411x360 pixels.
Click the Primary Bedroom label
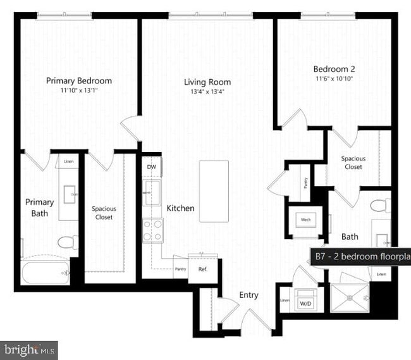(79, 81)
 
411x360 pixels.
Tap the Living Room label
(207, 82)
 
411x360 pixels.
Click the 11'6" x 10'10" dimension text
(334, 79)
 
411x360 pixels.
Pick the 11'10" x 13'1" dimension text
(79, 90)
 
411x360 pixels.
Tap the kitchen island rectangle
(214, 191)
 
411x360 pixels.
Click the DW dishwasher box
(152, 167)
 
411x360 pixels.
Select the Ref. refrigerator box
(203, 268)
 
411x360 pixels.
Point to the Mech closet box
(306, 220)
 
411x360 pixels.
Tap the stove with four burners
(152, 230)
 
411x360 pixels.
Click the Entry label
(248, 295)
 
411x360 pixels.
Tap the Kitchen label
(180, 208)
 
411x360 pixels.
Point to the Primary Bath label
(40, 208)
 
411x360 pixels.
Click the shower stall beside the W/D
(350, 299)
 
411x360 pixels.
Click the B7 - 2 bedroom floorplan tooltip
(360, 257)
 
